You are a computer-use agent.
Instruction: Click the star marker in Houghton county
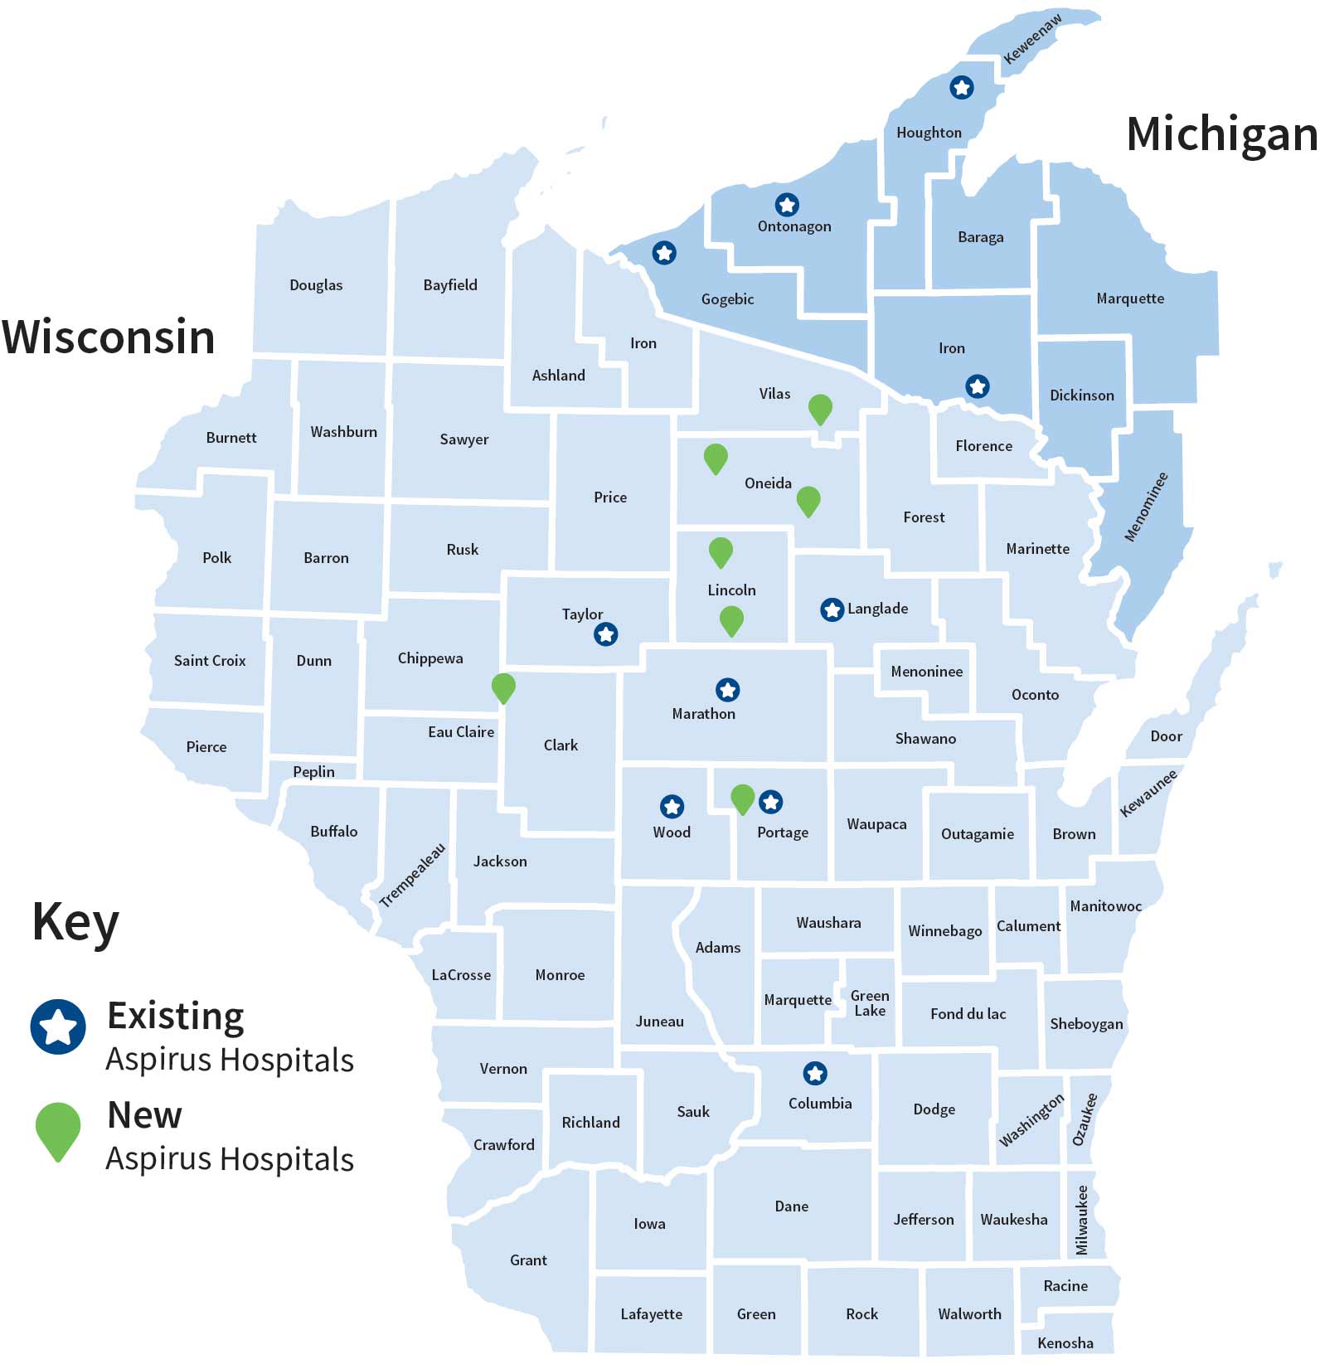[x=961, y=87]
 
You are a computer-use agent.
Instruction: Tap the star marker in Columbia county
[x=815, y=1074]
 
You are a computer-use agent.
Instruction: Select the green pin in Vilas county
[x=820, y=408]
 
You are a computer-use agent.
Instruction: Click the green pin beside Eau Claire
[x=503, y=687]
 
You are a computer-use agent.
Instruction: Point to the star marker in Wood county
[x=672, y=806]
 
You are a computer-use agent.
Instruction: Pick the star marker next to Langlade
[x=832, y=609]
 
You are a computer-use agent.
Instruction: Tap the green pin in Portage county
[x=742, y=798]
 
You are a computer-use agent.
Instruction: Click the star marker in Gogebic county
[x=664, y=253]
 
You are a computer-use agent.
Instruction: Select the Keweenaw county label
[x=1031, y=39]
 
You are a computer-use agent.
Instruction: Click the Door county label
[x=1166, y=736]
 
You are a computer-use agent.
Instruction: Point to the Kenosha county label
[x=1065, y=1342]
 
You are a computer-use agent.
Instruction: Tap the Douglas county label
[x=316, y=285]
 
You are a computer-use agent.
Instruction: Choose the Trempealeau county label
[x=412, y=876]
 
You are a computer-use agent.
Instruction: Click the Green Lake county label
[x=870, y=1002]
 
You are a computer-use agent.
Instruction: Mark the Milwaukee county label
[x=1081, y=1220]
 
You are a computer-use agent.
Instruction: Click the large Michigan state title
[x=1221, y=134]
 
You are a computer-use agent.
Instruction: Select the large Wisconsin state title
[x=109, y=337]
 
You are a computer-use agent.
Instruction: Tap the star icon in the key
[x=58, y=1027]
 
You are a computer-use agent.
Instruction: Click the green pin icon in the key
[x=58, y=1129]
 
